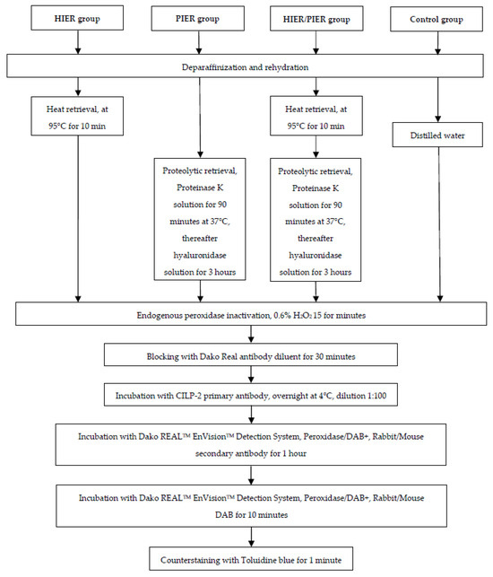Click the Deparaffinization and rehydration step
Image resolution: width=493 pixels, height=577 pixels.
pyautogui.click(x=246, y=65)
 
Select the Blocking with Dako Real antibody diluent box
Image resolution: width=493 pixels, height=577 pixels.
pyautogui.click(x=246, y=357)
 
